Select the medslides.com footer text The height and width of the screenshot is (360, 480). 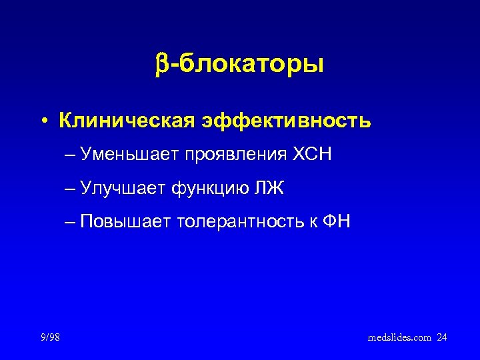point(399,338)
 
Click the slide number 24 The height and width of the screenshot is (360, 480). point(442,338)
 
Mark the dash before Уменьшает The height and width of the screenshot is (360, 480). point(71,155)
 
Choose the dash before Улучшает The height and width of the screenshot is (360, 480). point(71,189)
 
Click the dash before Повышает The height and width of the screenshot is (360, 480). point(71,221)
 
